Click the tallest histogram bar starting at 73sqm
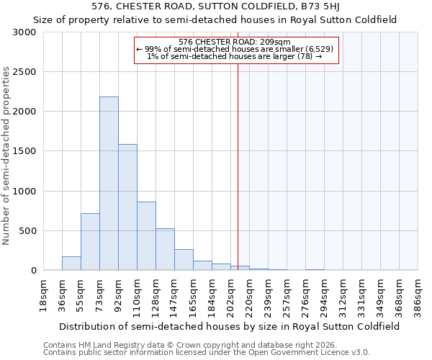click(109, 184)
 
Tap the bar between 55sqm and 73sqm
click(90, 242)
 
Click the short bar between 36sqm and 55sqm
click(71, 264)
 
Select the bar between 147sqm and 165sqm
click(184, 260)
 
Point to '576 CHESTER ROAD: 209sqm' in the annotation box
click(234, 42)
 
